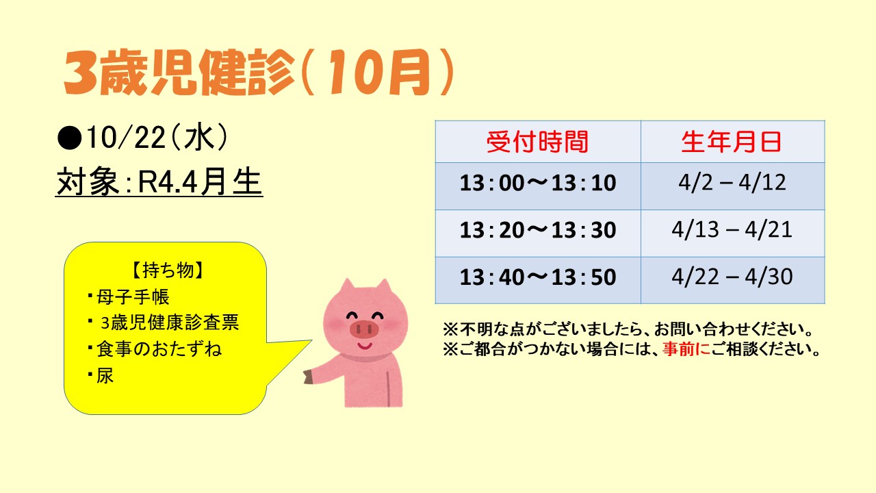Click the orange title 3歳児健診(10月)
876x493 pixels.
point(259,73)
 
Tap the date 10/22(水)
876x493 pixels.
point(157,138)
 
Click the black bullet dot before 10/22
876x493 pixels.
point(70,138)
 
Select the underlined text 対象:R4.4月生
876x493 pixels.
point(159,182)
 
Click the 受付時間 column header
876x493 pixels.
point(538,142)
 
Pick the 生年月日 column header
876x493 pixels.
point(732,142)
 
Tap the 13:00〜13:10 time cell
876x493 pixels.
point(538,183)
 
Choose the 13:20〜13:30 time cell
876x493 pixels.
point(538,229)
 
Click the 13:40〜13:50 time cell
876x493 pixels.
point(538,277)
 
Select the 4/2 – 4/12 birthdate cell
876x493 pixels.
point(732,183)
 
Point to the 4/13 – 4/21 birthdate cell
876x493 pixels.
point(732,229)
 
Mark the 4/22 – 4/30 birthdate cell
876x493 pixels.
point(732,277)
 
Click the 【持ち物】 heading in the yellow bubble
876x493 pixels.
point(168,270)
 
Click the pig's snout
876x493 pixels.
point(365,329)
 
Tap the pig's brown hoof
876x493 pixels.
point(308,377)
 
